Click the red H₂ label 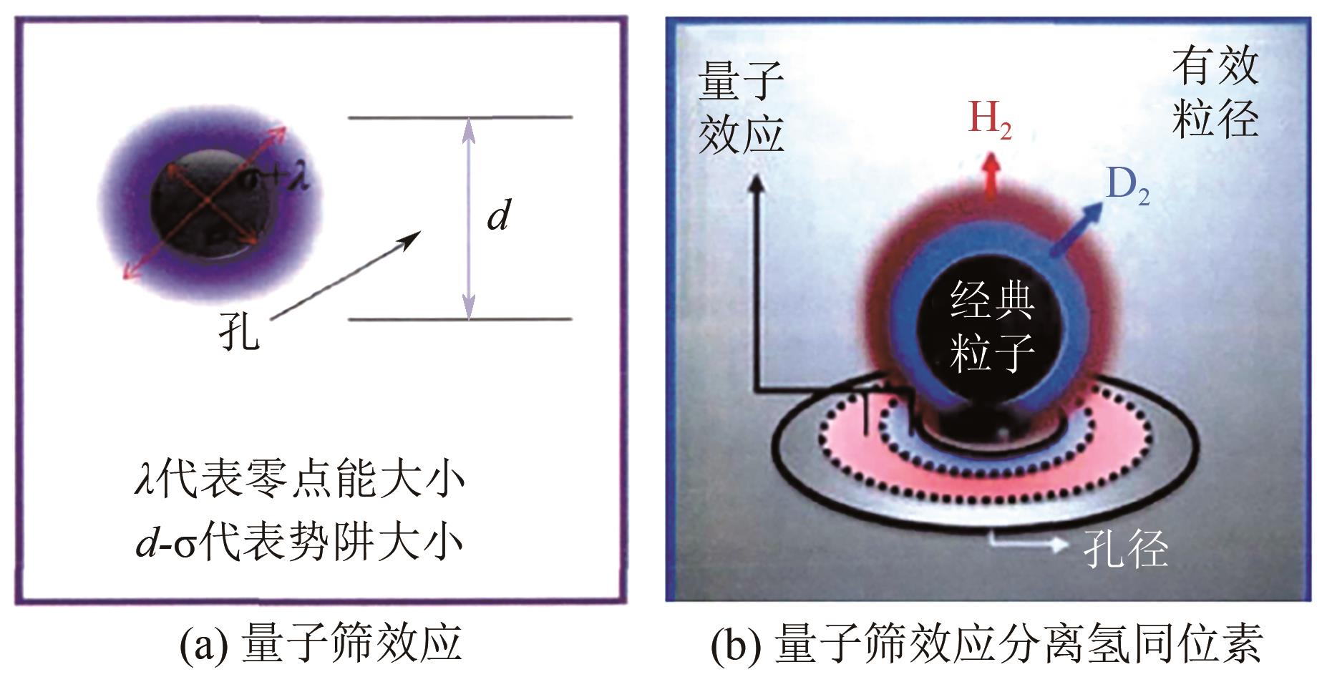pos(989,119)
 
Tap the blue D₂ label pos(1127,187)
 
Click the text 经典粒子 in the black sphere pos(991,326)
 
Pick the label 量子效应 pos(741,107)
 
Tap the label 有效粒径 pos(1215,95)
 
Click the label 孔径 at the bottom pos(1126,550)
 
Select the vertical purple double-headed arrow pos(468,218)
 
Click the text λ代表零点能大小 pos(300,480)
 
